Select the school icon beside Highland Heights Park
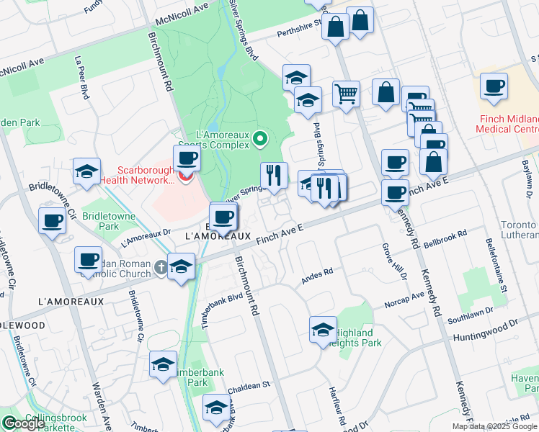[x=323, y=330]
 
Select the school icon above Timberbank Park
[x=164, y=365]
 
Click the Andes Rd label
[x=317, y=274]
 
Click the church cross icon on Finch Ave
[x=160, y=268]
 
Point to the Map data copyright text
[x=494, y=426]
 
